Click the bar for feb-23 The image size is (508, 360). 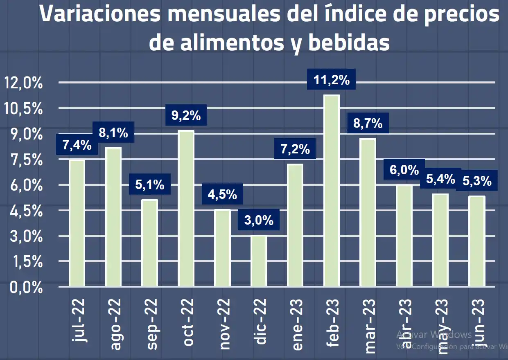[332, 191]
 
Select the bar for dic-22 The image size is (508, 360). [259, 261]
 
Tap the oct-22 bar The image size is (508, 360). [186, 208]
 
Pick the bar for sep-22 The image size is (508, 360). [149, 243]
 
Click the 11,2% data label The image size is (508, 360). [332, 80]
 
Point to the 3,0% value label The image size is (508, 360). [259, 221]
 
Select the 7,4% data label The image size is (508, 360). [77, 145]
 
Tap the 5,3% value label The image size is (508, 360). [477, 181]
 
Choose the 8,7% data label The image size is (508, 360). [368, 123]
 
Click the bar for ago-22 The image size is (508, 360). [113, 217]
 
